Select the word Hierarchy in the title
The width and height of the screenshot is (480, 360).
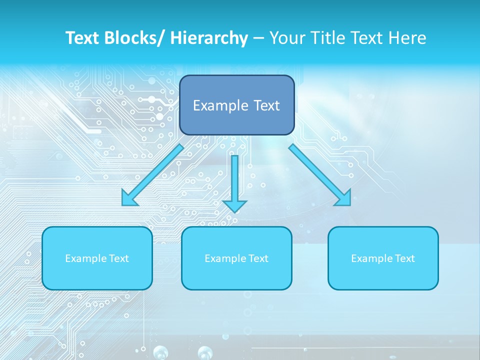(x=209, y=38)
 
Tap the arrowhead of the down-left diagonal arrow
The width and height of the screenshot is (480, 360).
(x=129, y=198)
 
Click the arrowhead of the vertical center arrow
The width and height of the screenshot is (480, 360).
(x=234, y=205)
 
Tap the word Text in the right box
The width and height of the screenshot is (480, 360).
(x=404, y=258)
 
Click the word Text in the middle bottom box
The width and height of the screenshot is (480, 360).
(x=258, y=258)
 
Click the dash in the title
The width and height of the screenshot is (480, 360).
(x=258, y=38)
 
